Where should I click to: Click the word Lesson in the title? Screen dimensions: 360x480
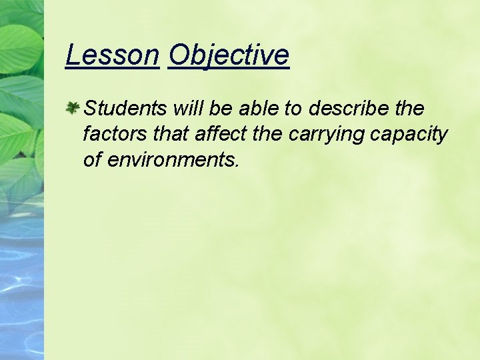pos(113,55)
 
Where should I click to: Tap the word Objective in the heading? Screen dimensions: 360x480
pos(229,55)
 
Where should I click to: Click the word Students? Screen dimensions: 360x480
pos(125,108)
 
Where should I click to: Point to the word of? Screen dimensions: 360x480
pos(93,160)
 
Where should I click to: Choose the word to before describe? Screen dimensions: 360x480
pos(293,108)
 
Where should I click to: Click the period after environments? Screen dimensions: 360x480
pos(236,165)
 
